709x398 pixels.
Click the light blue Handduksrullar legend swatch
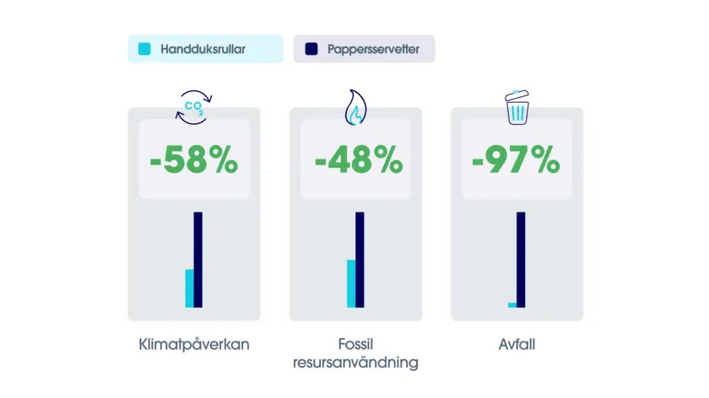144,49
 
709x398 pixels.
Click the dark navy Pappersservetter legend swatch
311,49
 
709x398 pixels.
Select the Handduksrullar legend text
203,49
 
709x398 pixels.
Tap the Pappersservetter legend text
373,49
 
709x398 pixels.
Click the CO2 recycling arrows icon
193,108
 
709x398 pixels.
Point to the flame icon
355,108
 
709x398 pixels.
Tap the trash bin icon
517,107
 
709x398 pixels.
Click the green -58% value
194,160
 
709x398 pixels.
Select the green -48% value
359,160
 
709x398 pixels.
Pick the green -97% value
516,160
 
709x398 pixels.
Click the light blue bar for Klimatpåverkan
189,288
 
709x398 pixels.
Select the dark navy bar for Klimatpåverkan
198,260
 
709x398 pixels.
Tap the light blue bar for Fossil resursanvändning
351,283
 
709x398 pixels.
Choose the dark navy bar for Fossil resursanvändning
360,260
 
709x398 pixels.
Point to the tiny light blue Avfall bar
512,305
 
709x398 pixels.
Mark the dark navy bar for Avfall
521,260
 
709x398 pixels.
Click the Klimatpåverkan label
194,345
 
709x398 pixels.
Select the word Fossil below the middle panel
356,344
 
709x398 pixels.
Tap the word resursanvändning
356,363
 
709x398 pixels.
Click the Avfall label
517,344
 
